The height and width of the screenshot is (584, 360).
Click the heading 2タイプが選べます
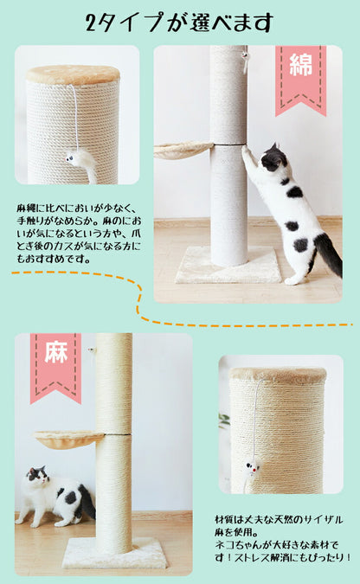tap(180, 22)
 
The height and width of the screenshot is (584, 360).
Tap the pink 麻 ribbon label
tap(55, 362)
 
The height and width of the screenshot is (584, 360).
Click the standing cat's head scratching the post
tap(273, 158)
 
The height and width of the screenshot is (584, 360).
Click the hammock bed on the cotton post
tap(183, 150)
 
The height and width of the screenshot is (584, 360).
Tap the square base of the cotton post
tap(228, 266)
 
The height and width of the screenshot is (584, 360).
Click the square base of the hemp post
tap(113, 552)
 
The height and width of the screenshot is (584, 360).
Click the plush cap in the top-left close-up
tap(73, 74)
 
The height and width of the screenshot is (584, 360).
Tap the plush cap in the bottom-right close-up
tap(278, 375)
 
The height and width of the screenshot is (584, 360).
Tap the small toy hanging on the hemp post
tap(92, 350)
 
